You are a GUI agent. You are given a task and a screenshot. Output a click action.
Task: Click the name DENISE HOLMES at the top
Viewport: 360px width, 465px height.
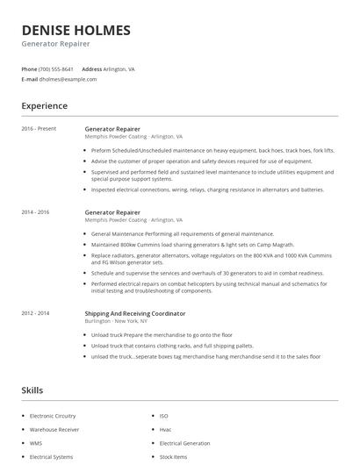(76, 30)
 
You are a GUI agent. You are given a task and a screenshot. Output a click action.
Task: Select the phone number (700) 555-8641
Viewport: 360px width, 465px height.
(56, 68)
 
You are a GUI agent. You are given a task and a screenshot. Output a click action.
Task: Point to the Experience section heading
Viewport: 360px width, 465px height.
(44, 106)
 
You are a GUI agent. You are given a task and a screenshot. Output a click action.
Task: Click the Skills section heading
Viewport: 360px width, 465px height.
(32, 390)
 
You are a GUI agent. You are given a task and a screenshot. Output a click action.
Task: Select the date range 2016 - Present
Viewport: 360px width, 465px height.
(39, 129)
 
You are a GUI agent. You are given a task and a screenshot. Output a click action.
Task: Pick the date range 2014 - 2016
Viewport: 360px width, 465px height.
(36, 212)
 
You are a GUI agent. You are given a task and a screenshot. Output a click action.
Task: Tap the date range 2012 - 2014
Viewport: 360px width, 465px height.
(36, 312)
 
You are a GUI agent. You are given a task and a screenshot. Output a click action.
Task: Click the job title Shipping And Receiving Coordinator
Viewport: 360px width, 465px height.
(134, 312)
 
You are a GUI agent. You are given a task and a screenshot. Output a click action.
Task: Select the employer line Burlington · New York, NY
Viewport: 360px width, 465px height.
(115, 321)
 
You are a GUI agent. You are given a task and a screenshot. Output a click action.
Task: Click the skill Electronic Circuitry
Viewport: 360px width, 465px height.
(53, 415)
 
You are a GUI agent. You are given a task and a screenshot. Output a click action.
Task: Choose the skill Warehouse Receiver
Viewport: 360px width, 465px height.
(54, 429)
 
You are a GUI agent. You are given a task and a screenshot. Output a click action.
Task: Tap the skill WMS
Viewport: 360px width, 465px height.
(36, 443)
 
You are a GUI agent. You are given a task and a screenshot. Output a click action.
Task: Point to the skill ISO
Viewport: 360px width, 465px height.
(163, 415)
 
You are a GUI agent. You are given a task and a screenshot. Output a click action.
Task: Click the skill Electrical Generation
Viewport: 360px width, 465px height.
(184, 443)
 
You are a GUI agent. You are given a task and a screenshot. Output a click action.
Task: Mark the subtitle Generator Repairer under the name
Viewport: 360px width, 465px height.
(55, 44)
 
